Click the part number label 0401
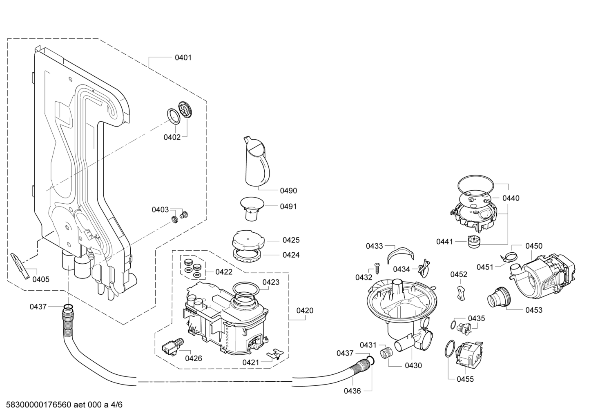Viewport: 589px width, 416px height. coord(183,58)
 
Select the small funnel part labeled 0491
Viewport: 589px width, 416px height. coord(252,209)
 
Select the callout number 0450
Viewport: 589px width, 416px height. coord(534,246)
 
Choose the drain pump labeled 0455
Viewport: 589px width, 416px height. coord(469,355)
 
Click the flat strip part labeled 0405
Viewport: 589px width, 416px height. coord(20,266)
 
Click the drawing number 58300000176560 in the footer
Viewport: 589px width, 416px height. coord(38,405)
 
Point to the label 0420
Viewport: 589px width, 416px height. coord(305,311)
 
